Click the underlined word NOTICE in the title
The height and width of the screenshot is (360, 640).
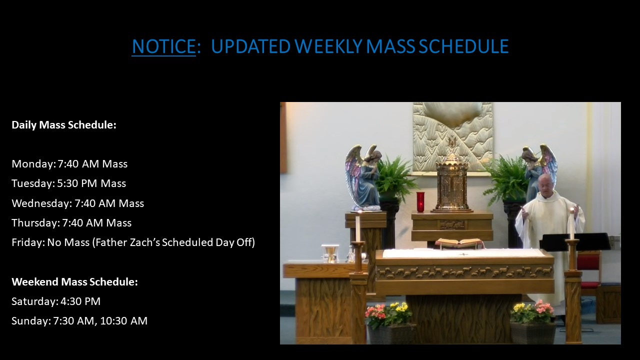tap(163, 46)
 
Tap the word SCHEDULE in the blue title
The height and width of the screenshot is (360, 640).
tap(463, 46)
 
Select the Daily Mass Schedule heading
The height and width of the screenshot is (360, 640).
tap(64, 125)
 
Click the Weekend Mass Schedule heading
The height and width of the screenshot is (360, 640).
tap(74, 282)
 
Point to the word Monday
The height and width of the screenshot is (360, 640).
tap(32, 164)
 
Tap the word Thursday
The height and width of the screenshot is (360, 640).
tap(34, 223)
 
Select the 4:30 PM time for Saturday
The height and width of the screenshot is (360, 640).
tap(80, 301)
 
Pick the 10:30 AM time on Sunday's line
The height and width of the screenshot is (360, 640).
tap(123, 321)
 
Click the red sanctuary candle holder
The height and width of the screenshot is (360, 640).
tap(420, 202)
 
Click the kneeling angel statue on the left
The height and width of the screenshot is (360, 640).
tap(363, 177)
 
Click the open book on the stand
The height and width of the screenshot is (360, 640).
tap(459, 243)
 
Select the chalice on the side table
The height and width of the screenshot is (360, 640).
tap(331, 255)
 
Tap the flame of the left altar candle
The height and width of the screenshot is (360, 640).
tap(357, 213)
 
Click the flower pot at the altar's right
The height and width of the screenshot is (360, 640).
tap(533, 333)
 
